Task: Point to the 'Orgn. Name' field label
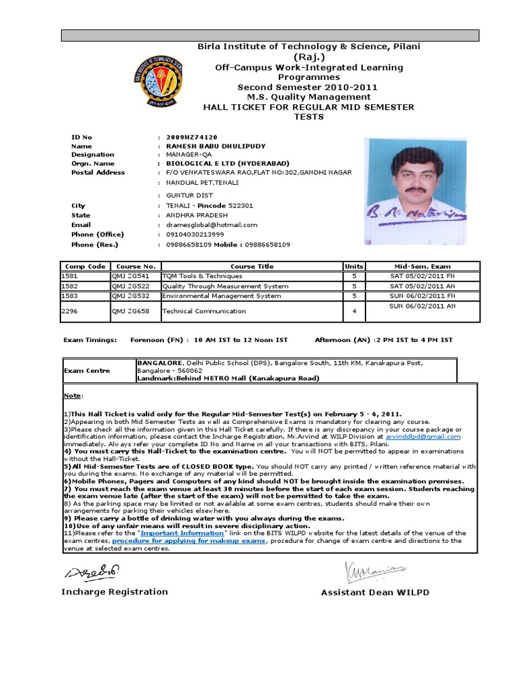(93, 163)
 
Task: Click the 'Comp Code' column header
(84, 266)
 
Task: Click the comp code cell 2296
(70, 311)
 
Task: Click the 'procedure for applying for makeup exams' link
(189, 540)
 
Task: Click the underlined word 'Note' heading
(71, 396)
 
